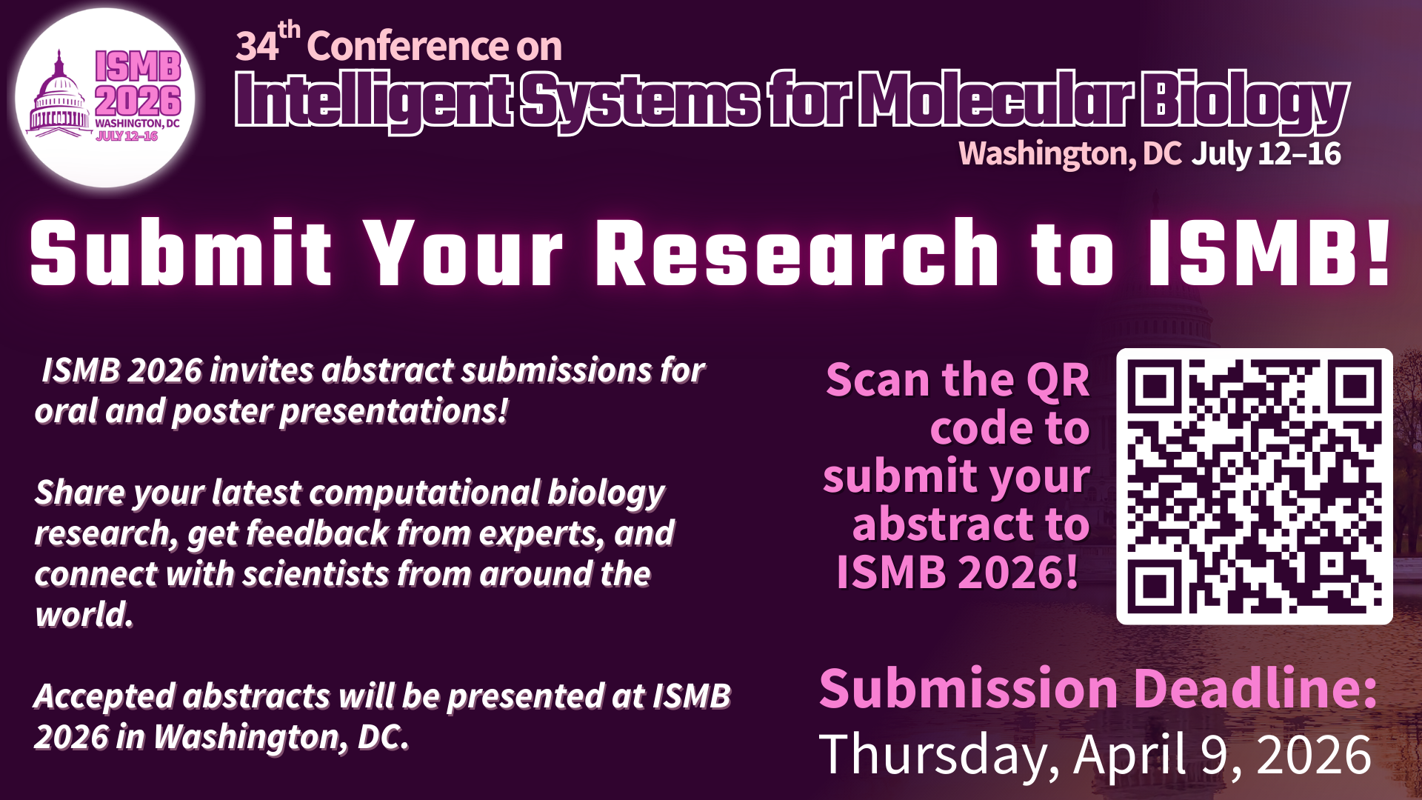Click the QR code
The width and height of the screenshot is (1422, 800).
[x=1254, y=487]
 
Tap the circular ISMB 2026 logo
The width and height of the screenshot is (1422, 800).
[x=105, y=97]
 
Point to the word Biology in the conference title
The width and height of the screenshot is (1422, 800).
[x=1244, y=101]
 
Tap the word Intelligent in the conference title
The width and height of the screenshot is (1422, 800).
[x=375, y=101]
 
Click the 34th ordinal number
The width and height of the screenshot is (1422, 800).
[x=268, y=43]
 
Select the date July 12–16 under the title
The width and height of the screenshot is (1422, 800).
[x=1266, y=154]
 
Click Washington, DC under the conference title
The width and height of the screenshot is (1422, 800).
[x=1070, y=154]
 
